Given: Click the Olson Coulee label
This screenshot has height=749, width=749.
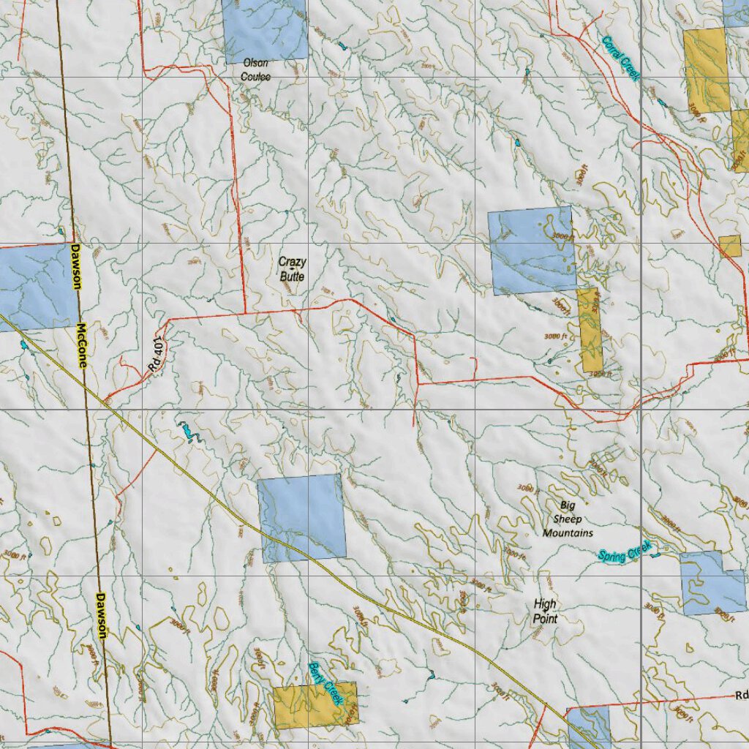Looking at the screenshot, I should click(x=256, y=69).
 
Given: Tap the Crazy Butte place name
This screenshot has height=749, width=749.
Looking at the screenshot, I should click(x=292, y=268).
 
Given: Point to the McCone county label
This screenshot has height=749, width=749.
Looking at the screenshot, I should click(x=81, y=345).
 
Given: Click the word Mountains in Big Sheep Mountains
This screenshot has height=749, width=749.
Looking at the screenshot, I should click(x=568, y=533).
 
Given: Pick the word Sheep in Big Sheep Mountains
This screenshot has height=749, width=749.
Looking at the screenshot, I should click(x=568, y=519).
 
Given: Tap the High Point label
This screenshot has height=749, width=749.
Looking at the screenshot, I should click(x=545, y=611).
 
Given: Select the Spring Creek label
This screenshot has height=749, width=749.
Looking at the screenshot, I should click(x=624, y=552).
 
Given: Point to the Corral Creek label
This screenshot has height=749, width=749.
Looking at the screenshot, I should click(x=621, y=59).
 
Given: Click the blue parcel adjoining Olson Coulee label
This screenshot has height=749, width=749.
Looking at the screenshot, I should click(x=265, y=29).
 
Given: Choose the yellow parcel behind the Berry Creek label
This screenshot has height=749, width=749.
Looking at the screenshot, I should click(x=315, y=705).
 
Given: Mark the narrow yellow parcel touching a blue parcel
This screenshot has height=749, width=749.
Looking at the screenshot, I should click(x=590, y=330).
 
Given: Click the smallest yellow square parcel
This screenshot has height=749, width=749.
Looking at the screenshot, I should click(x=729, y=246).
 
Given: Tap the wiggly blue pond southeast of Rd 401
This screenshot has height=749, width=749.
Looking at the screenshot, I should click(x=188, y=433).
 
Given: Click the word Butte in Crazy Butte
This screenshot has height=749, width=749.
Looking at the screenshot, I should click(x=292, y=276).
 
